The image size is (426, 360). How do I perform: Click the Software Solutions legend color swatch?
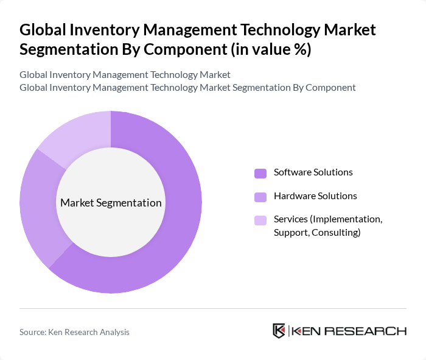(x=260, y=173)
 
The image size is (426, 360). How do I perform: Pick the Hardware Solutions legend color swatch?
(x=260, y=197)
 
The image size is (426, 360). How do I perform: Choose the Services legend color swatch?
(x=260, y=220)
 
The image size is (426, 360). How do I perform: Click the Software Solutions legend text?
(x=313, y=172)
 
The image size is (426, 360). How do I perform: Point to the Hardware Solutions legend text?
(x=315, y=196)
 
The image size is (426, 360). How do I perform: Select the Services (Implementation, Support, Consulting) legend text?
(x=327, y=225)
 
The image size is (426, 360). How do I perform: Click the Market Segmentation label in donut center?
(x=111, y=203)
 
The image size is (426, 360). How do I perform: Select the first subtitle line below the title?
(x=125, y=75)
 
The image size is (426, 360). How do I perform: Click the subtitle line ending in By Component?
(x=187, y=87)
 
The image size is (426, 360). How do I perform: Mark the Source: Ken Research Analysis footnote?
(x=74, y=332)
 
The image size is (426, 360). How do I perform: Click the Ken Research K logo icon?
(x=279, y=331)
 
